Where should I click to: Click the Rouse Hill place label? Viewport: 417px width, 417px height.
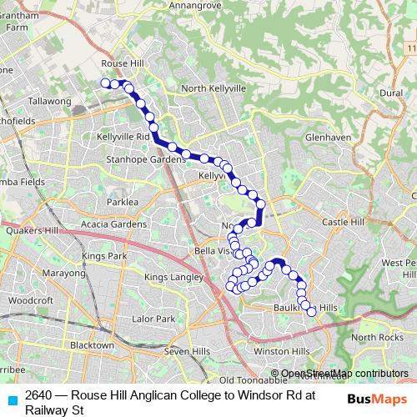pyautogui.click(x=122, y=63)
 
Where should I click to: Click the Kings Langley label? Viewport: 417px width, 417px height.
pyautogui.click(x=173, y=277)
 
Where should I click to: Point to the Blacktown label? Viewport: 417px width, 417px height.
pyautogui.click(x=92, y=345)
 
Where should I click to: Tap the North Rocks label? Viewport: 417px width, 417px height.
pyautogui.click(x=376, y=337)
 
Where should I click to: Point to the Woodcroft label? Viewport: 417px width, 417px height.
pyautogui.click(x=32, y=300)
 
